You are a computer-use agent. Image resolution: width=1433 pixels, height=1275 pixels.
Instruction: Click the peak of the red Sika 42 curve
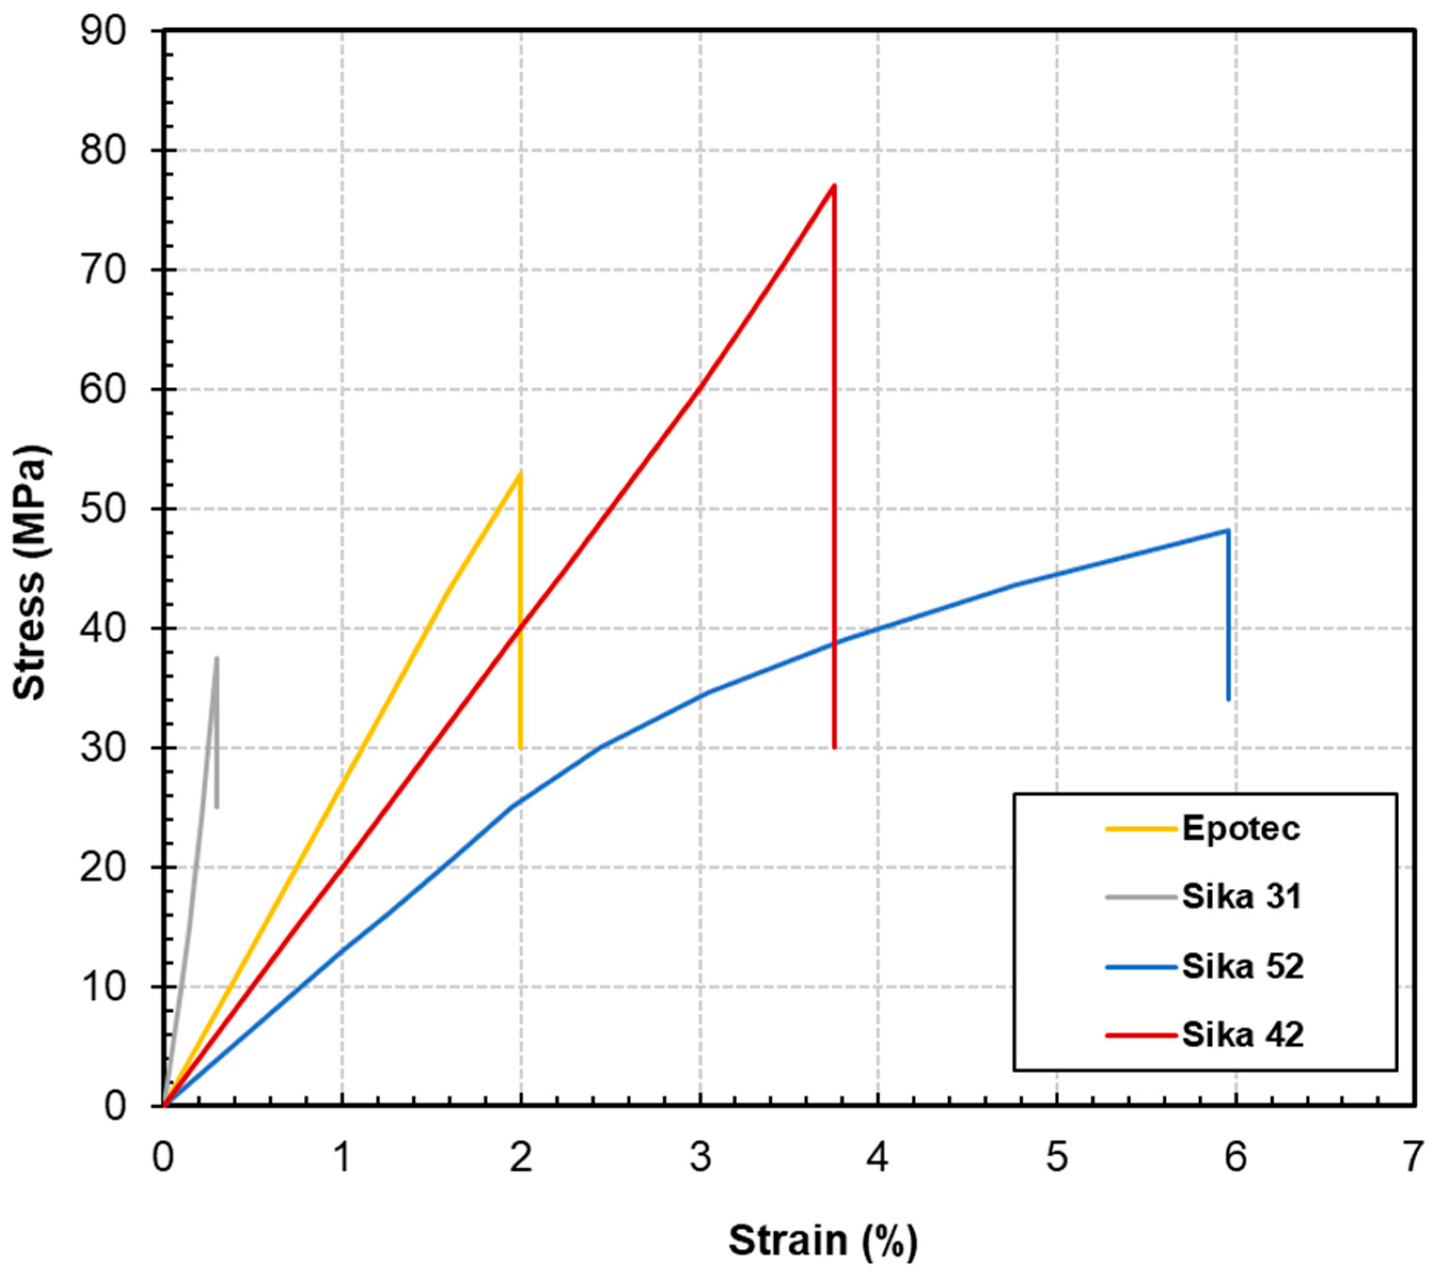[833, 185]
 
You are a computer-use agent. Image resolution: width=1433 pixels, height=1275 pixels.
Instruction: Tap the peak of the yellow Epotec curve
[520, 473]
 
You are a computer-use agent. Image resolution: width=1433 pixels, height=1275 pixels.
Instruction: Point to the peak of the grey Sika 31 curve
[217, 658]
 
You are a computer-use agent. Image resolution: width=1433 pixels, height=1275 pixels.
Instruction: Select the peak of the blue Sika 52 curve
[1227, 530]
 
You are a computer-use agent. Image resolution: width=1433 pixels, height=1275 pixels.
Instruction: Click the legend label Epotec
[1241, 828]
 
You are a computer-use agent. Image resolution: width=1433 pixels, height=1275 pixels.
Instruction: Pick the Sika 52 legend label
[1242, 966]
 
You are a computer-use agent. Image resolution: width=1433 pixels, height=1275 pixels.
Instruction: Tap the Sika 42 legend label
[1242, 1035]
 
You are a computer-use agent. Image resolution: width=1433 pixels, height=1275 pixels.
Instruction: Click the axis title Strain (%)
[823, 1241]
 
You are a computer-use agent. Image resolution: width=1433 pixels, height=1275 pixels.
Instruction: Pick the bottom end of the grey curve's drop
[217, 807]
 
